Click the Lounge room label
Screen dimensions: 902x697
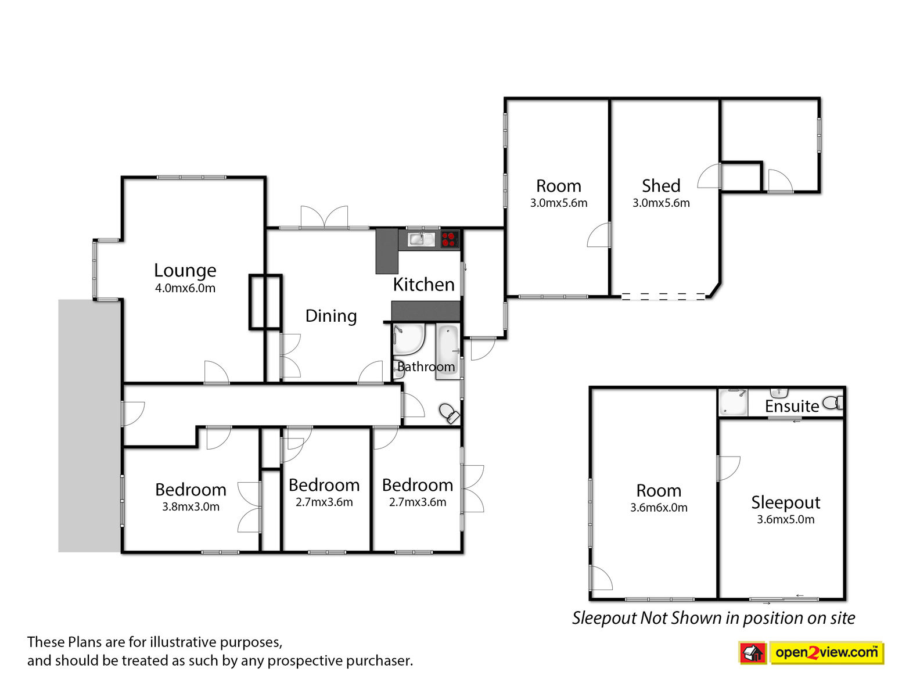[x=185, y=271]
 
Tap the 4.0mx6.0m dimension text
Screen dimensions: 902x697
[x=185, y=288]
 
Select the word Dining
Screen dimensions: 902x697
[x=331, y=317]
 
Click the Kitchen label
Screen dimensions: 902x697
[x=423, y=285]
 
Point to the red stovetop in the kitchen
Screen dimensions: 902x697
[x=450, y=239]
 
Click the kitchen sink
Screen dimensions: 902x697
[x=421, y=239]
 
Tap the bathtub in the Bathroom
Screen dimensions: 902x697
[x=448, y=353]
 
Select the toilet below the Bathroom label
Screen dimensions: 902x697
[x=449, y=413]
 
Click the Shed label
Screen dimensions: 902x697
[x=661, y=185]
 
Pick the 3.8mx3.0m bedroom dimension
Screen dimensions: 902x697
[x=191, y=507]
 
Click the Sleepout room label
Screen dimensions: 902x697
[x=785, y=503]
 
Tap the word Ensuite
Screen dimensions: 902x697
[x=792, y=407]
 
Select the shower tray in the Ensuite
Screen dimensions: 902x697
[x=733, y=403]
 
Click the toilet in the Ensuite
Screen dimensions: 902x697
[x=833, y=403]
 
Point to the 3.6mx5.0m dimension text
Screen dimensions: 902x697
[x=785, y=520]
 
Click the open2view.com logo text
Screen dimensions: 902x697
[x=826, y=652]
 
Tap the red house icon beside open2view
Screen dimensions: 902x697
[x=753, y=653]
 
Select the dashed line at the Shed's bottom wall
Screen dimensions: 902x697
[x=663, y=296]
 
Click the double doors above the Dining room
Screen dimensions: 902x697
[x=324, y=217]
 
